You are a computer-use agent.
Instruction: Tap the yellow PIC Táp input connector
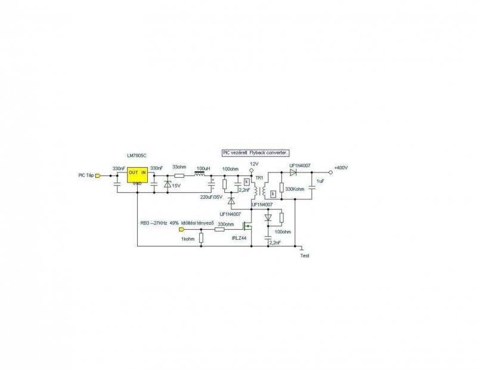tap(99, 175)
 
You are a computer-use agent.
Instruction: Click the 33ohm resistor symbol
tap(179, 175)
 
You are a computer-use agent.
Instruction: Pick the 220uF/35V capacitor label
tap(212, 197)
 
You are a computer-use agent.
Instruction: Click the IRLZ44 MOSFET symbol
tap(247, 228)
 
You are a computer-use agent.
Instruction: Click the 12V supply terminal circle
tap(252, 171)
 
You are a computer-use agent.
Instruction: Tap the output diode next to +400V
tap(293, 171)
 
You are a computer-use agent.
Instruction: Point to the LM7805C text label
tap(137, 155)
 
